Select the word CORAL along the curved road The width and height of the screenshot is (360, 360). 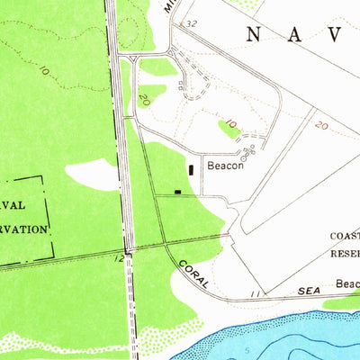[193, 273]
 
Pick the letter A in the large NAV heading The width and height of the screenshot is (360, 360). [295, 34]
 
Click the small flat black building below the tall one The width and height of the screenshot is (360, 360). [177, 191]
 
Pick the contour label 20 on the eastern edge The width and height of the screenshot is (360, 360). [321, 126]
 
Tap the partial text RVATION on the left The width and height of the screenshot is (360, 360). [24, 229]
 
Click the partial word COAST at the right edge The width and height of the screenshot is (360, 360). [345, 236]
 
